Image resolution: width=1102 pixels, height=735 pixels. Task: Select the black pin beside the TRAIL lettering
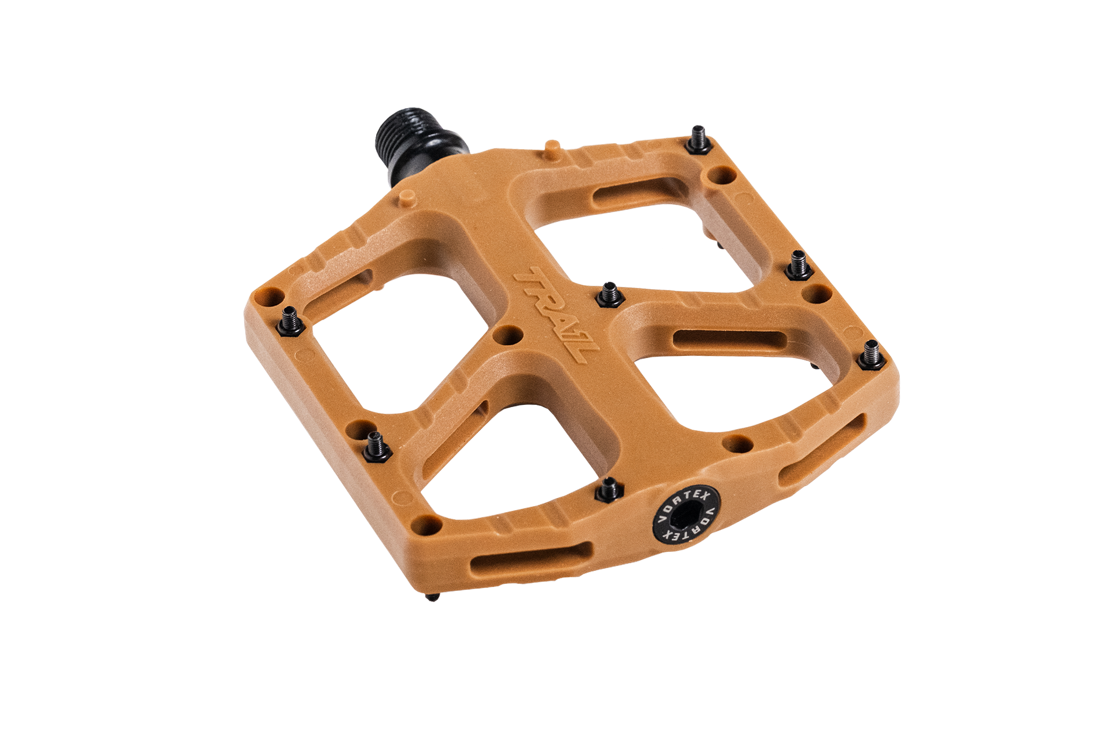click(610, 295)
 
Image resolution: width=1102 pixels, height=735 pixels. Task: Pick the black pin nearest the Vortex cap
click(609, 490)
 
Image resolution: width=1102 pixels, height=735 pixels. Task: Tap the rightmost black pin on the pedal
click(871, 356)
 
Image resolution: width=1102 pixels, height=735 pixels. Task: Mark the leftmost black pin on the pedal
click(291, 321)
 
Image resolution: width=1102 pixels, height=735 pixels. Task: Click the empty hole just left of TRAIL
click(507, 335)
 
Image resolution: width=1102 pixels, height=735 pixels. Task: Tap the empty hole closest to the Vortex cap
click(737, 445)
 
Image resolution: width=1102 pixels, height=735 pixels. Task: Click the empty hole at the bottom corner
click(426, 524)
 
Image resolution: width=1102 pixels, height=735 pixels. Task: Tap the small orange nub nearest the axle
click(407, 197)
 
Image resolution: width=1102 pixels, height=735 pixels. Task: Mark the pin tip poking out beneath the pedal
click(433, 597)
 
